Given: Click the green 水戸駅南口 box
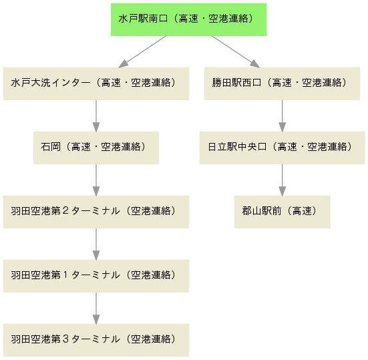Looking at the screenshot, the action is point(189,19).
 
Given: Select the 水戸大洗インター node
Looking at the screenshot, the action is point(96,83).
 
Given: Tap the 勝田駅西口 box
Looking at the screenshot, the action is point(282,83).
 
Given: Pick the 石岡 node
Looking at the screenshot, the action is point(96,148).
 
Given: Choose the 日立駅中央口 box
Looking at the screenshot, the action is point(282,148).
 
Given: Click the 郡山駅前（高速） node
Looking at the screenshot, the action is point(282,212).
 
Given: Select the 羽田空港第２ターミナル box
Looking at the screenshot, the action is point(96,212).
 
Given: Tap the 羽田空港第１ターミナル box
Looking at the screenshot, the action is point(96,276).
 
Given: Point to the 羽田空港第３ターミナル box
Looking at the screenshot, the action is point(96,340).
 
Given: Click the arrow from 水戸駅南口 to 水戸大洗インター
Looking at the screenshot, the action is point(142,52).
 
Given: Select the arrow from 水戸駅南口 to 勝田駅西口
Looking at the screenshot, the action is point(236,52).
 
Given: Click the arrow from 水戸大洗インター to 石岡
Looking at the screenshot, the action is point(96,116).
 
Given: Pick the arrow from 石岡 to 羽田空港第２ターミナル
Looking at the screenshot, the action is point(96,180).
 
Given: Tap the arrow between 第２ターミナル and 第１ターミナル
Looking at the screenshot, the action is point(96,244).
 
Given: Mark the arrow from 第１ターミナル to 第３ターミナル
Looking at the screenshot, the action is point(96,308).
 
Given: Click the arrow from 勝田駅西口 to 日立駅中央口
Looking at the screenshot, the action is point(282,116).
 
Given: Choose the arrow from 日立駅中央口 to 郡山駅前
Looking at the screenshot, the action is point(282,180).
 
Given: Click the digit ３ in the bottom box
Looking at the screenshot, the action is point(65,339).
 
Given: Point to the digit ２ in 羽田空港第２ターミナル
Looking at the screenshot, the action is point(65,210).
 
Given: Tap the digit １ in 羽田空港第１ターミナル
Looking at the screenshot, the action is point(65,275).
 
